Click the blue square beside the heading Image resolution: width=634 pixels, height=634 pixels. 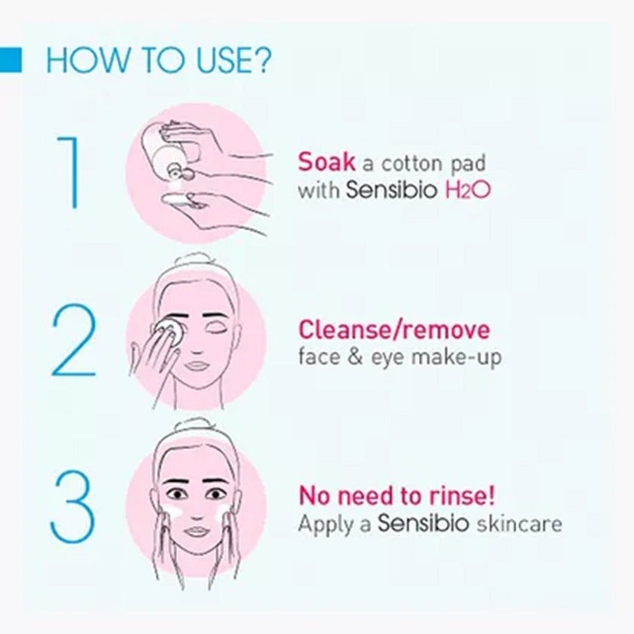(11, 60)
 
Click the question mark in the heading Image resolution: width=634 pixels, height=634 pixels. (260, 61)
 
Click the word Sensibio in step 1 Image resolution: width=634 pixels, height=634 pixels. (391, 189)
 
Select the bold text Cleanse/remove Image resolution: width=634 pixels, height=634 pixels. (393, 330)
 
